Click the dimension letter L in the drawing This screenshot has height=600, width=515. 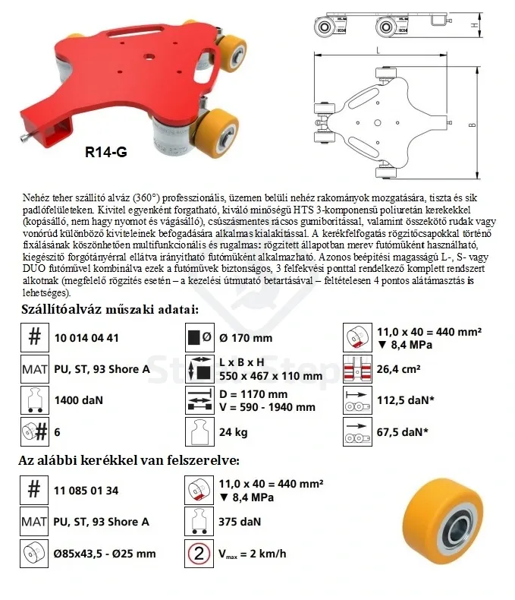click(378, 51)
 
